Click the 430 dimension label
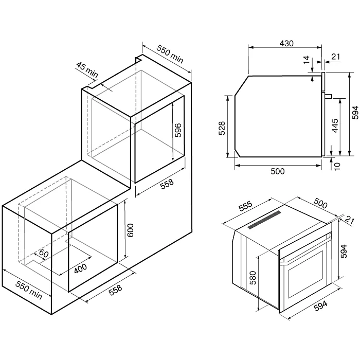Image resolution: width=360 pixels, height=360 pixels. click(286, 43)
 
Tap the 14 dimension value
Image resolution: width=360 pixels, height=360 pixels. click(307, 60)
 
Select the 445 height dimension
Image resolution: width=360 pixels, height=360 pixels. click(335, 125)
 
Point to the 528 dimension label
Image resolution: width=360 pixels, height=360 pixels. click(222, 128)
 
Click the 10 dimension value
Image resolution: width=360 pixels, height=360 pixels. click(337, 166)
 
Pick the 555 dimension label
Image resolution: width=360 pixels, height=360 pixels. click(245, 206)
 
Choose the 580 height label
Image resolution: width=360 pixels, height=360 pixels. click(253, 278)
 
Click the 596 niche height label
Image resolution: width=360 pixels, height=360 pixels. click(178, 130)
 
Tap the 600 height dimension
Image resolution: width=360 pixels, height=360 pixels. click(130, 230)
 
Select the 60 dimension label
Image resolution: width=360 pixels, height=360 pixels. click(44, 253)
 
